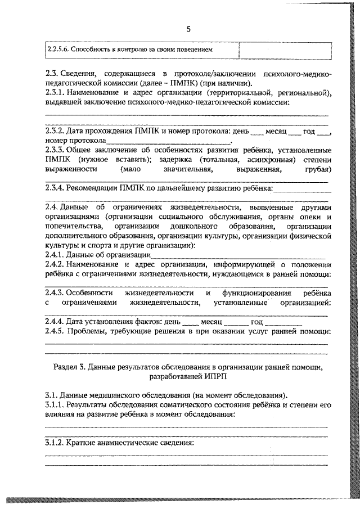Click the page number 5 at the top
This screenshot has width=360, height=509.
188,29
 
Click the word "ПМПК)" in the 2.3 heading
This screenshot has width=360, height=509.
162,83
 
